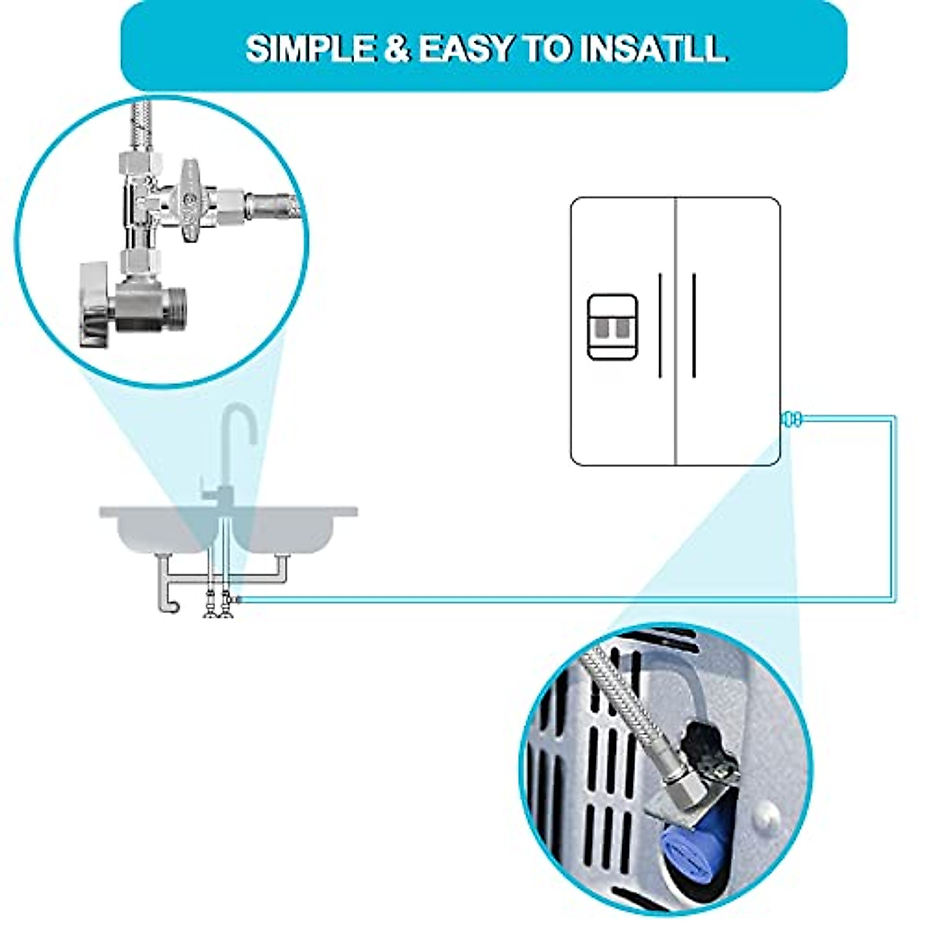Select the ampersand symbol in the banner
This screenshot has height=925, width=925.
pos(395,49)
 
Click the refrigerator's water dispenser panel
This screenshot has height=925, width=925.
pos(612,327)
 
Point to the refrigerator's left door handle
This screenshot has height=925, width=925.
pos(660,325)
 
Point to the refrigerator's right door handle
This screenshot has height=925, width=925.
pos(694,325)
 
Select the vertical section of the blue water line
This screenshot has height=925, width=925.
pos(894,509)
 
